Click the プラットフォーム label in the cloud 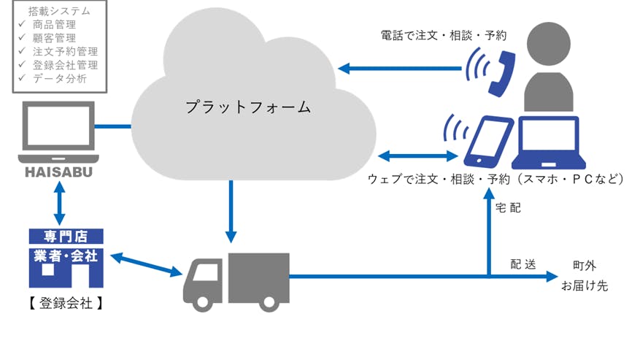click(248, 107)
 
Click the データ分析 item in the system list click(60, 78)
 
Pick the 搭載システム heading click(60, 12)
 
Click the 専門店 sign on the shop click(66, 237)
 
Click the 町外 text click(585, 265)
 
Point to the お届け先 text click(584, 286)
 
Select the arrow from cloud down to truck click(231, 211)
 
